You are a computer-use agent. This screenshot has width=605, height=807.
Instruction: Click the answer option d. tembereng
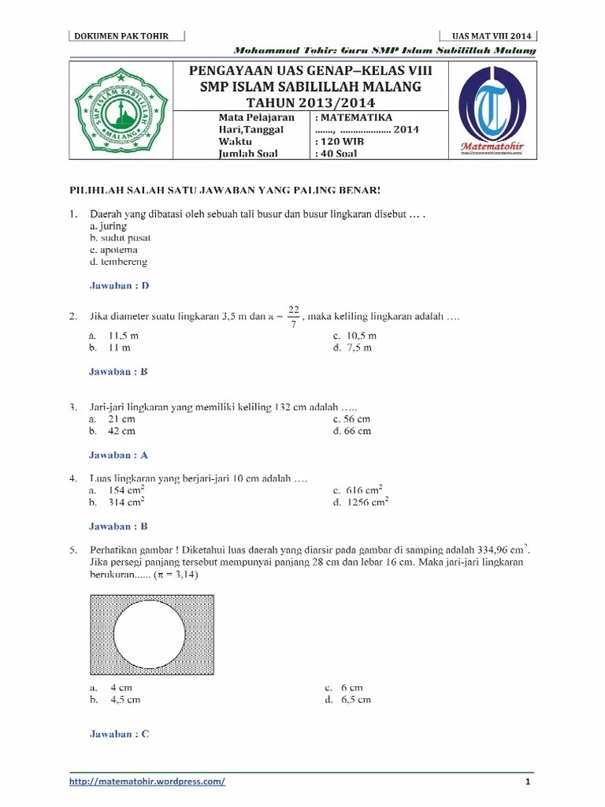coord(118,262)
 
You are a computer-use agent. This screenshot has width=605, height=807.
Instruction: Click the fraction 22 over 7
coord(293,317)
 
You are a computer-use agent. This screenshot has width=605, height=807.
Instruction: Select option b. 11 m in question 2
coord(110,347)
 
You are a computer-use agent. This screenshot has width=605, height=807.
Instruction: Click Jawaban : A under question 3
coord(118,455)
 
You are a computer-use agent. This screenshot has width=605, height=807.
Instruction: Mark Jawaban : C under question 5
coord(119,734)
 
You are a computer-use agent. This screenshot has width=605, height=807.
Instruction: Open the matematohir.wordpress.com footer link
coord(147,782)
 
